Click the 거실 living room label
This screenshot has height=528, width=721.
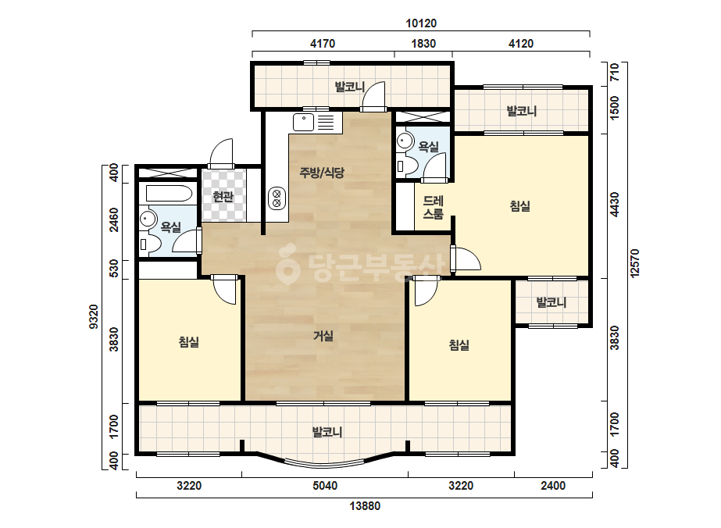coord(323,336)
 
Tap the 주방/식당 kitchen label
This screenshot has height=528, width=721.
coord(322,173)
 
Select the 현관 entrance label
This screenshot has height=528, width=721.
coord(223,197)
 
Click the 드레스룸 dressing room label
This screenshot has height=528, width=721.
coord(434,208)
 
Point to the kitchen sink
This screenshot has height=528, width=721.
coord(304,123)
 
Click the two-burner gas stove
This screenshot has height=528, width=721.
coord(277,198)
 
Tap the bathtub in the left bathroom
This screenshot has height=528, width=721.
coord(169,193)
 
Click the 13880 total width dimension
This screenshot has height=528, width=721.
coord(365,506)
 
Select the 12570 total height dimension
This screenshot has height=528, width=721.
coord(635,263)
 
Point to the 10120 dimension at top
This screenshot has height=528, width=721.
coord(421,23)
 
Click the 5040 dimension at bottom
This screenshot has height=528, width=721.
coord(325,486)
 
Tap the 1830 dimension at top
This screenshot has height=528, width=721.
coord(423,44)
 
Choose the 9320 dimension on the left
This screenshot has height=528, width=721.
coord(94,316)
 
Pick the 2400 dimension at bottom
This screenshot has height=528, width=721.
coord(553,486)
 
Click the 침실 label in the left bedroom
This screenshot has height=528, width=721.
coord(189,342)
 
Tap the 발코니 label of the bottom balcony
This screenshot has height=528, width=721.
coord(327,433)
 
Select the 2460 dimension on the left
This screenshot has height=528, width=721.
coord(113,220)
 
